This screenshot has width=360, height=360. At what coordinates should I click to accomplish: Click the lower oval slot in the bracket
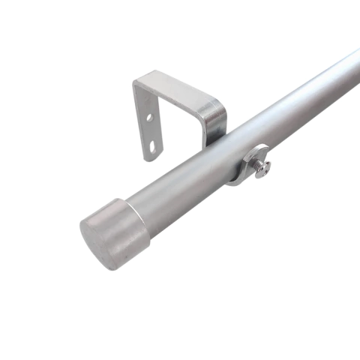coord(155,145)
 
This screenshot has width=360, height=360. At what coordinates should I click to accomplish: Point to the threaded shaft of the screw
coord(253,165)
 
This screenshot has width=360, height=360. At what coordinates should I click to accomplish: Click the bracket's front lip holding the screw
coord(241,169)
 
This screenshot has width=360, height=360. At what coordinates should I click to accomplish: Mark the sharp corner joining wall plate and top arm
coord(136,83)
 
